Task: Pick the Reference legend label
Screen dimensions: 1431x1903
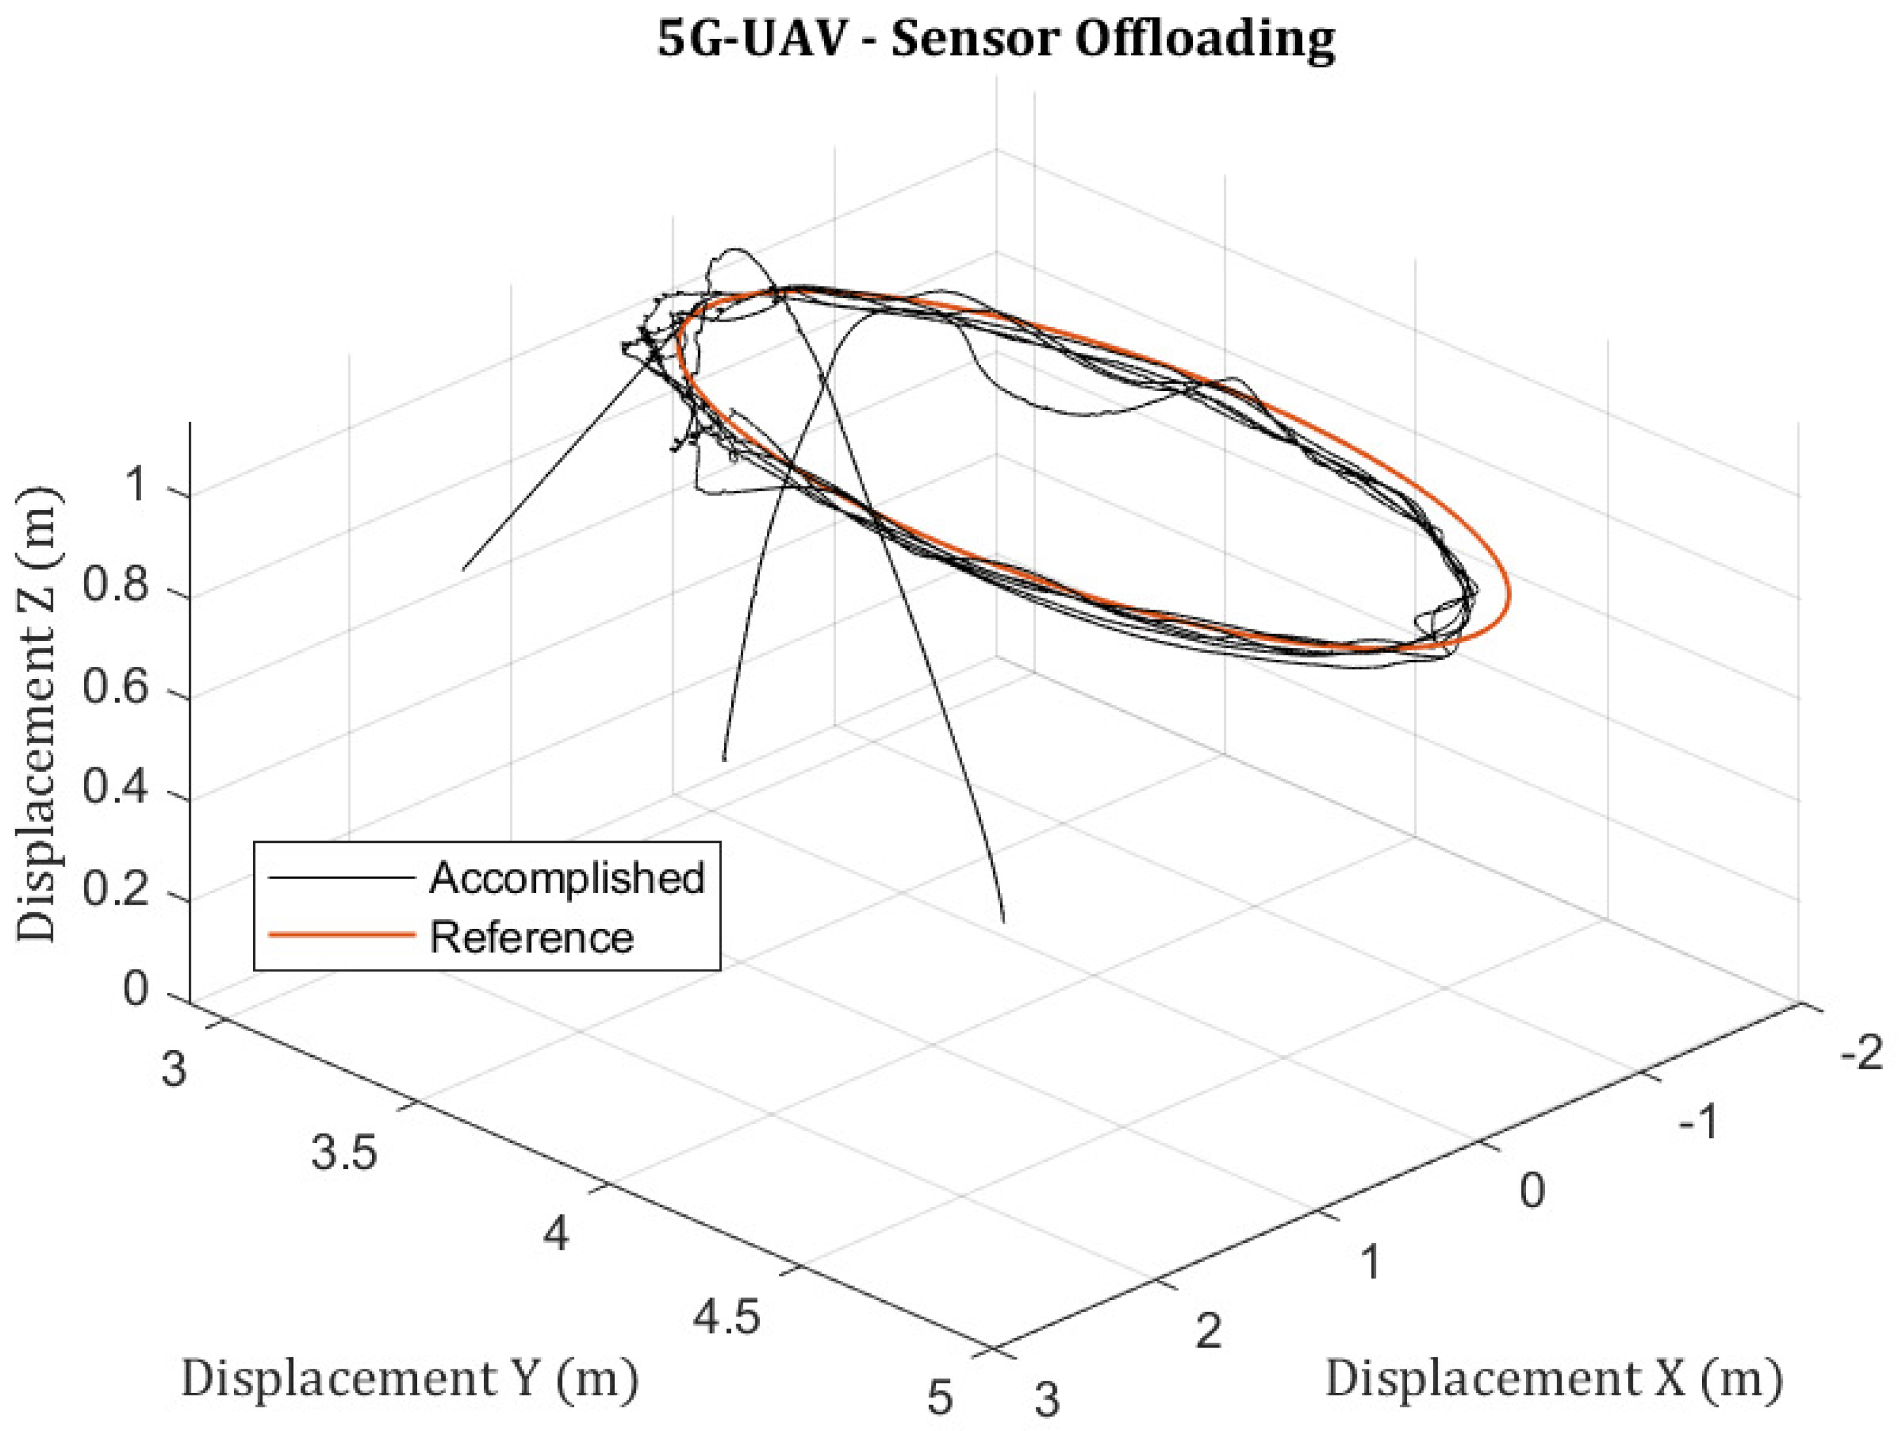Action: pos(531,936)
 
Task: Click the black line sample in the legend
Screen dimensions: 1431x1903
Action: pos(341,878)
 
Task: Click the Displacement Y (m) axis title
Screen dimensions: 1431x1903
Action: pos(409,1378)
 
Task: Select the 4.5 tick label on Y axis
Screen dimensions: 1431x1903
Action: pos(727,1317)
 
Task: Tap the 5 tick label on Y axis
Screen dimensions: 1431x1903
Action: pos(940,1397)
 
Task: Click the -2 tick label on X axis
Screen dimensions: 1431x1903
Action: pos(1861,1053)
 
